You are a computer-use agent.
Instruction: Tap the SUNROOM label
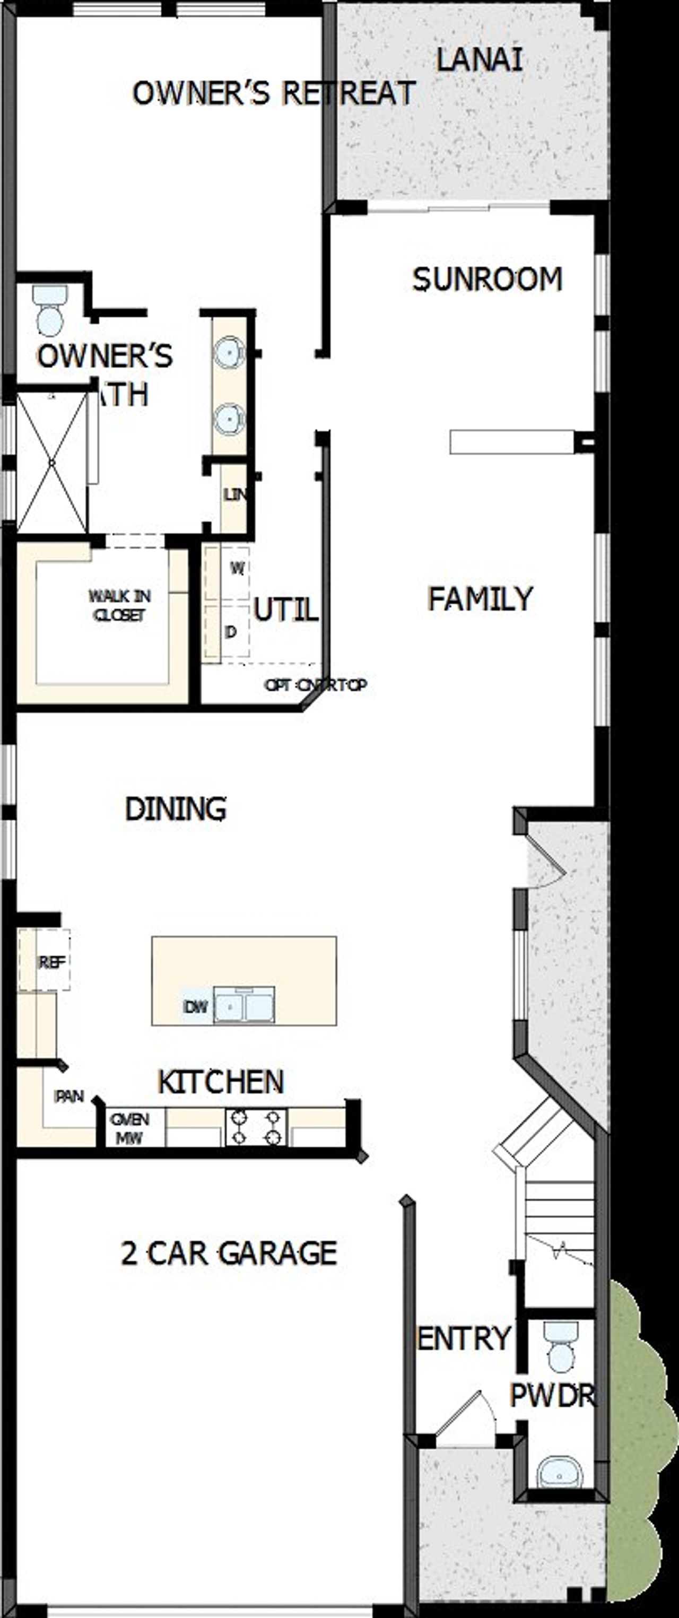pyautogui.click(x=487, y=280)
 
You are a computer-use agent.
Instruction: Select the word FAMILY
pyautogui.click(x=480, y=598)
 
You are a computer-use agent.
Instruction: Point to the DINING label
pyautogui.click(x=176, y=809)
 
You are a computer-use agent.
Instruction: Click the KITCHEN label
pyautogui.click(x=221, y=1082)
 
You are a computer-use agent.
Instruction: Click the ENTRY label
pyautogui.click(x=464, y=1338)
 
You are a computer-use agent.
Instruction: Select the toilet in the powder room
pyautogui.click(x=561, y=1347)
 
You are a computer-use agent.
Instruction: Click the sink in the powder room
pyautogui.click(x=560, y=1473)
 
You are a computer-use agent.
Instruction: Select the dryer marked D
pyautogui.click(x=231, y=632)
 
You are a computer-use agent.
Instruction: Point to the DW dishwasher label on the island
pyautogui.click(x=195, y=1007)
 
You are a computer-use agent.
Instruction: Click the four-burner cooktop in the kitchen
pyautogui.click(x=256, y=1127)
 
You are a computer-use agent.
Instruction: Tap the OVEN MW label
pyautogui.click(x=129, y=1128)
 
